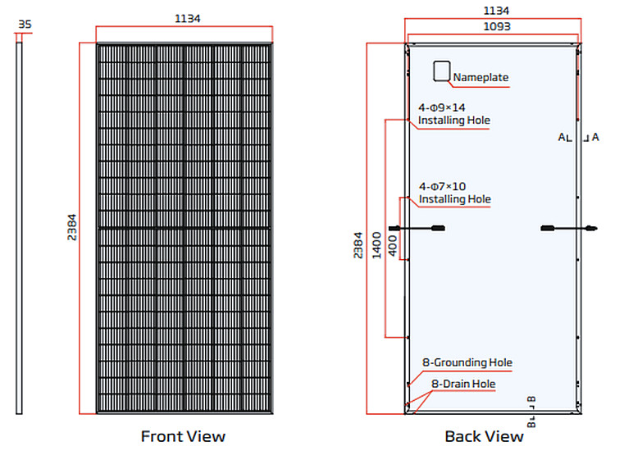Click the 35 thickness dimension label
click(x=25, y=25)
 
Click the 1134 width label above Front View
click(x=188, y=18)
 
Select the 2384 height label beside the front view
click(x=71, y=228)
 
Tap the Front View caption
click(x=183, y=436)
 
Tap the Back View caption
click(x=484, y=436)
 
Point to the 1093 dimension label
click(x=497, y=26)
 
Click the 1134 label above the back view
click(x=496, y=11)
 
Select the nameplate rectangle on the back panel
click(x=442, y=71)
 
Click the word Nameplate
click(x=481, y=77)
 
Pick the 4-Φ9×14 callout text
click(x=442, y=107)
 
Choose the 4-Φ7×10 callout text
click(x=442, y=186)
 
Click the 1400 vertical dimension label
click(x=376, y=245)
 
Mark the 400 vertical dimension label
click(x=393, y=245)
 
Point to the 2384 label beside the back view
click(x=358, y=245)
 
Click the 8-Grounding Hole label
click(x=467, y=362)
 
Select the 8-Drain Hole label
click(x=463, y=384)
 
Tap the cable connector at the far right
click(x=591, y=228)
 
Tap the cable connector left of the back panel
click(x=394, y=228)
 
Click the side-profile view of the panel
click(x=19, y=228)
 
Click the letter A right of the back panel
click(x=595, y=137)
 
